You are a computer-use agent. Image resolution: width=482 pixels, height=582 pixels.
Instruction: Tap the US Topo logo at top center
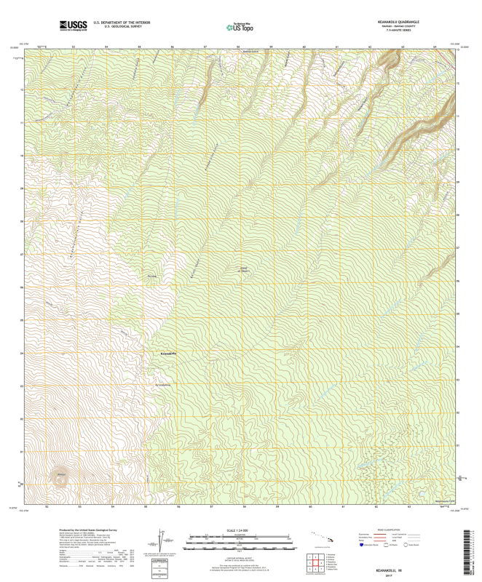pos(240,27)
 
